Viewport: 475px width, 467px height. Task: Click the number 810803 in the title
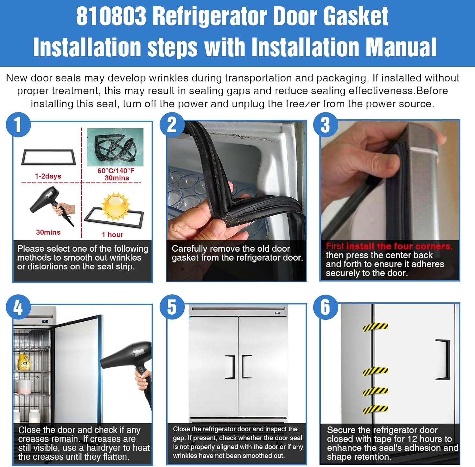(x=111, y=16)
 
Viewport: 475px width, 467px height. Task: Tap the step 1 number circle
(x=18, y=124)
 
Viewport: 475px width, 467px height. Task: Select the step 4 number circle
(x=18, y=307)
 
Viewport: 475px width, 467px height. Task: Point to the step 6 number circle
(x=326, y=307)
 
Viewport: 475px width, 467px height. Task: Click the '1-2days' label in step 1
(x=48, y=176)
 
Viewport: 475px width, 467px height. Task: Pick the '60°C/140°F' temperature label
(x=116, y=171)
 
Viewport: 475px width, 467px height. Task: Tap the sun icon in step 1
(x=116, y=206)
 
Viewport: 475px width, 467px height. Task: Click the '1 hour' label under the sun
(x=112, y=235)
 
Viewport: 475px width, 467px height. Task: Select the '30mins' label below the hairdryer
(x=48, y=232)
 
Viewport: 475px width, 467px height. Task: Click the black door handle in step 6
(x=443, y=359)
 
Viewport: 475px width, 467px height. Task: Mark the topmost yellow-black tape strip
(x=376, y=327)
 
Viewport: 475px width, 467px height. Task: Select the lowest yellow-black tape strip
(x=376, y=409)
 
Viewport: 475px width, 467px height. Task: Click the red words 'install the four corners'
(x=399, y=246)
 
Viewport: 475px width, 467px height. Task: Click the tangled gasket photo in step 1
(x=115, y=147)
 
